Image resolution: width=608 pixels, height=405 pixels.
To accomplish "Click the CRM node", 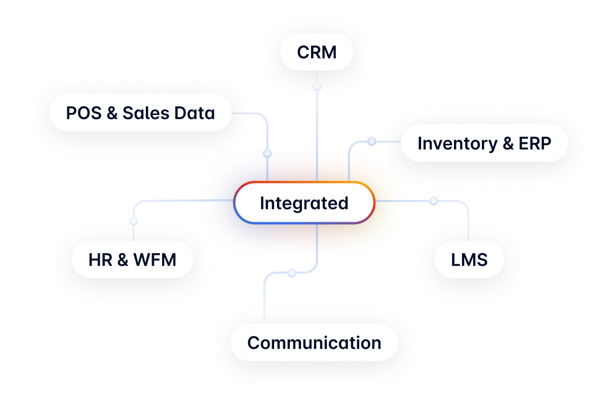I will tap(317, 52).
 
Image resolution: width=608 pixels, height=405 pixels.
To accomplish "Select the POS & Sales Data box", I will tap(140, 113).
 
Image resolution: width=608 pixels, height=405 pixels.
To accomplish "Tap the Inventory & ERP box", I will tap(484, 143).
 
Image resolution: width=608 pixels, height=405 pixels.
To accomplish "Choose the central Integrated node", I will tap(304, 203).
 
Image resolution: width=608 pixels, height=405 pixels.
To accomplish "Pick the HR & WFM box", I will tap(132, 260).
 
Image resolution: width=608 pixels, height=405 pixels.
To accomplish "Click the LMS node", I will tap(469, 260).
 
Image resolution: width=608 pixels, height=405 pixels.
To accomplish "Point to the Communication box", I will tap(314, 343).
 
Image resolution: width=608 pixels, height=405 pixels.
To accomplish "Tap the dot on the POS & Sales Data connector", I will tap(267, 153).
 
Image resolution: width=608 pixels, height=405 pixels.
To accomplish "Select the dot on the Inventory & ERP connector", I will tap(371, 141).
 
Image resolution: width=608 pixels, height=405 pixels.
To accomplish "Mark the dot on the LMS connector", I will tap(433, 201).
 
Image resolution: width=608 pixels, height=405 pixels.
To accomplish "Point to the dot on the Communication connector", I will tap(291, 273).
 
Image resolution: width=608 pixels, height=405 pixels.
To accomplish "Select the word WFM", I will tap(155, 260).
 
